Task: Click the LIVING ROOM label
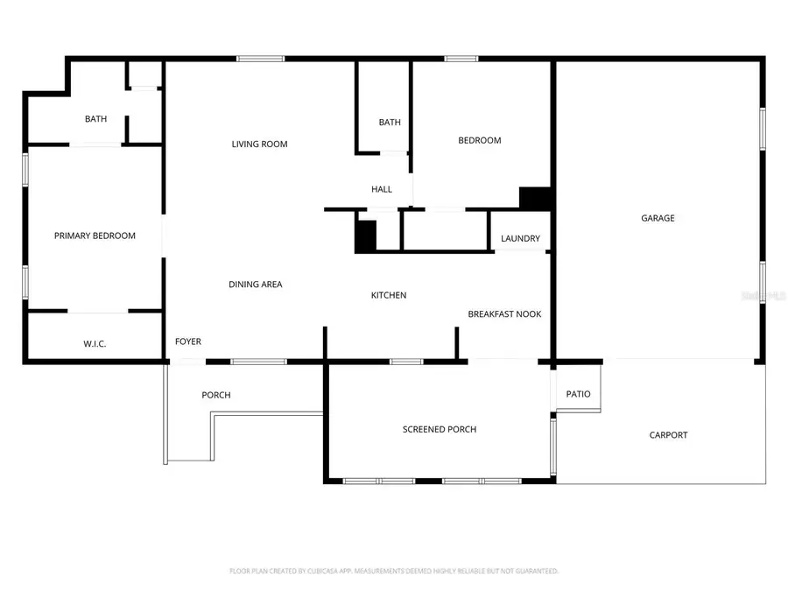259,144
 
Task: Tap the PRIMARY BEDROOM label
95,236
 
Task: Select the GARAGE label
658,218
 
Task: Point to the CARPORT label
668,435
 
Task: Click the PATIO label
578,394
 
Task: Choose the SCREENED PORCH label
440,429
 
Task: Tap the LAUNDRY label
520,239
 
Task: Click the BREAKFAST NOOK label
504,313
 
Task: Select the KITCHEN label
389,295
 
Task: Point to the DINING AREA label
255,285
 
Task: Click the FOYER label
188,341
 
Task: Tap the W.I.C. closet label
95,344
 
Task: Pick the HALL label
382,189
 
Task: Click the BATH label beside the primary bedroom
95,119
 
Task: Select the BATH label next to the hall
390,123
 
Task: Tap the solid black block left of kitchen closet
365,236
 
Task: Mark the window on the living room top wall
260,59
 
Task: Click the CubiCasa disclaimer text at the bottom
394,571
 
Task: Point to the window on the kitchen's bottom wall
405,361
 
